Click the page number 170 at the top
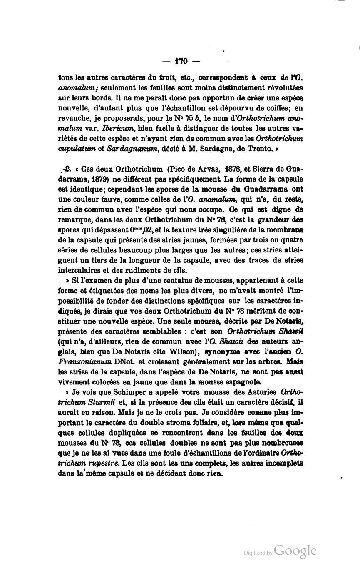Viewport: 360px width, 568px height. (181, 61)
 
